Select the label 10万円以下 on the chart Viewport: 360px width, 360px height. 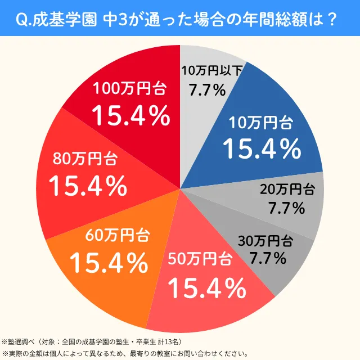(x=213, y=70)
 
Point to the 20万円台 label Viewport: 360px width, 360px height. (x=287, y=190)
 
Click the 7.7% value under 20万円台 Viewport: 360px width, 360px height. (x=286, y=208)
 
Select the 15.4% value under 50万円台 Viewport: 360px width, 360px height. (x=207, y=289)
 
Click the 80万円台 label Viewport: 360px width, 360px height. (x=85, y=159)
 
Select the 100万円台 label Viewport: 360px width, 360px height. (x=130, y=88)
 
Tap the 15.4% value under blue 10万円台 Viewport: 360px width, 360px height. (x=262, y=148)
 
